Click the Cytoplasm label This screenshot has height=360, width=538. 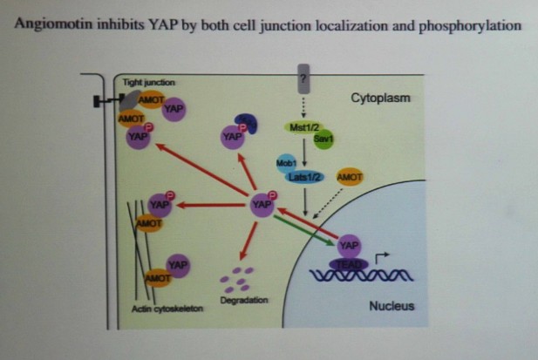click(380, 98)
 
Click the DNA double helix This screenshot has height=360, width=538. click(358, 279)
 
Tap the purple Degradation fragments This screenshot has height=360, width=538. click(235, 279)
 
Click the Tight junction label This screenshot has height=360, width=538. click(149, 81)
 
